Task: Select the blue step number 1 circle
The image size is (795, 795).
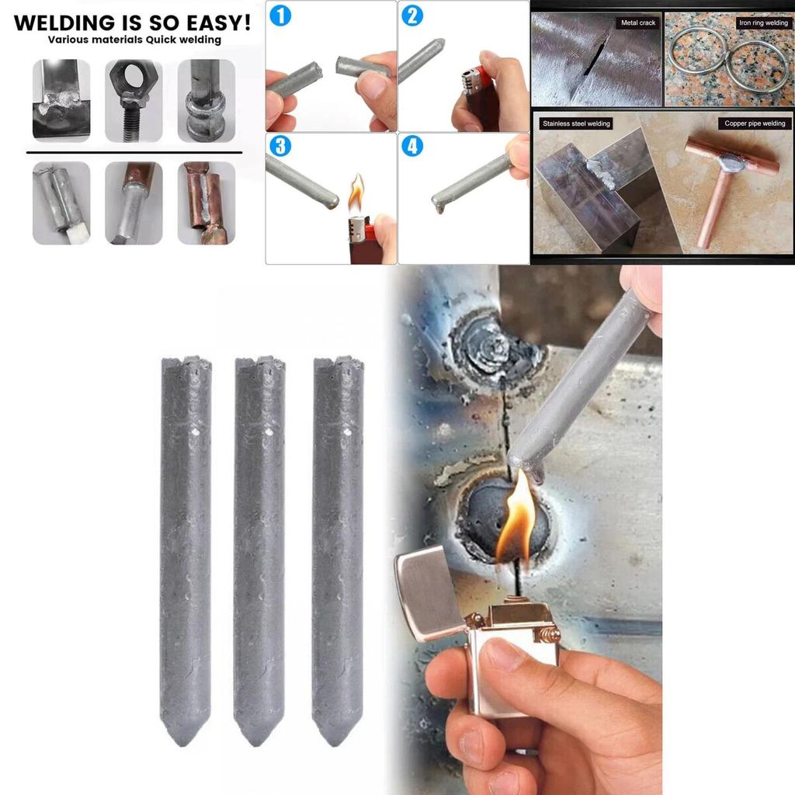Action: coord(280,14)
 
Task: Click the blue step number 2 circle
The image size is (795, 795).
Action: coord(412,14)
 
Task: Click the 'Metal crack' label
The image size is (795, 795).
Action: coord(638,23)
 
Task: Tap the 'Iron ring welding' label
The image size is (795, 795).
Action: coord(762,23)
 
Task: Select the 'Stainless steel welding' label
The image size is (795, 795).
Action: coord(576,123)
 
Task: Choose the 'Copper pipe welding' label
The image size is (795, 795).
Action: coord(755,123)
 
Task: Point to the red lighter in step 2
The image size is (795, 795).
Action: coord(482,97)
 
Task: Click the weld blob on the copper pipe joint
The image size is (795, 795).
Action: coord(732,163)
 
